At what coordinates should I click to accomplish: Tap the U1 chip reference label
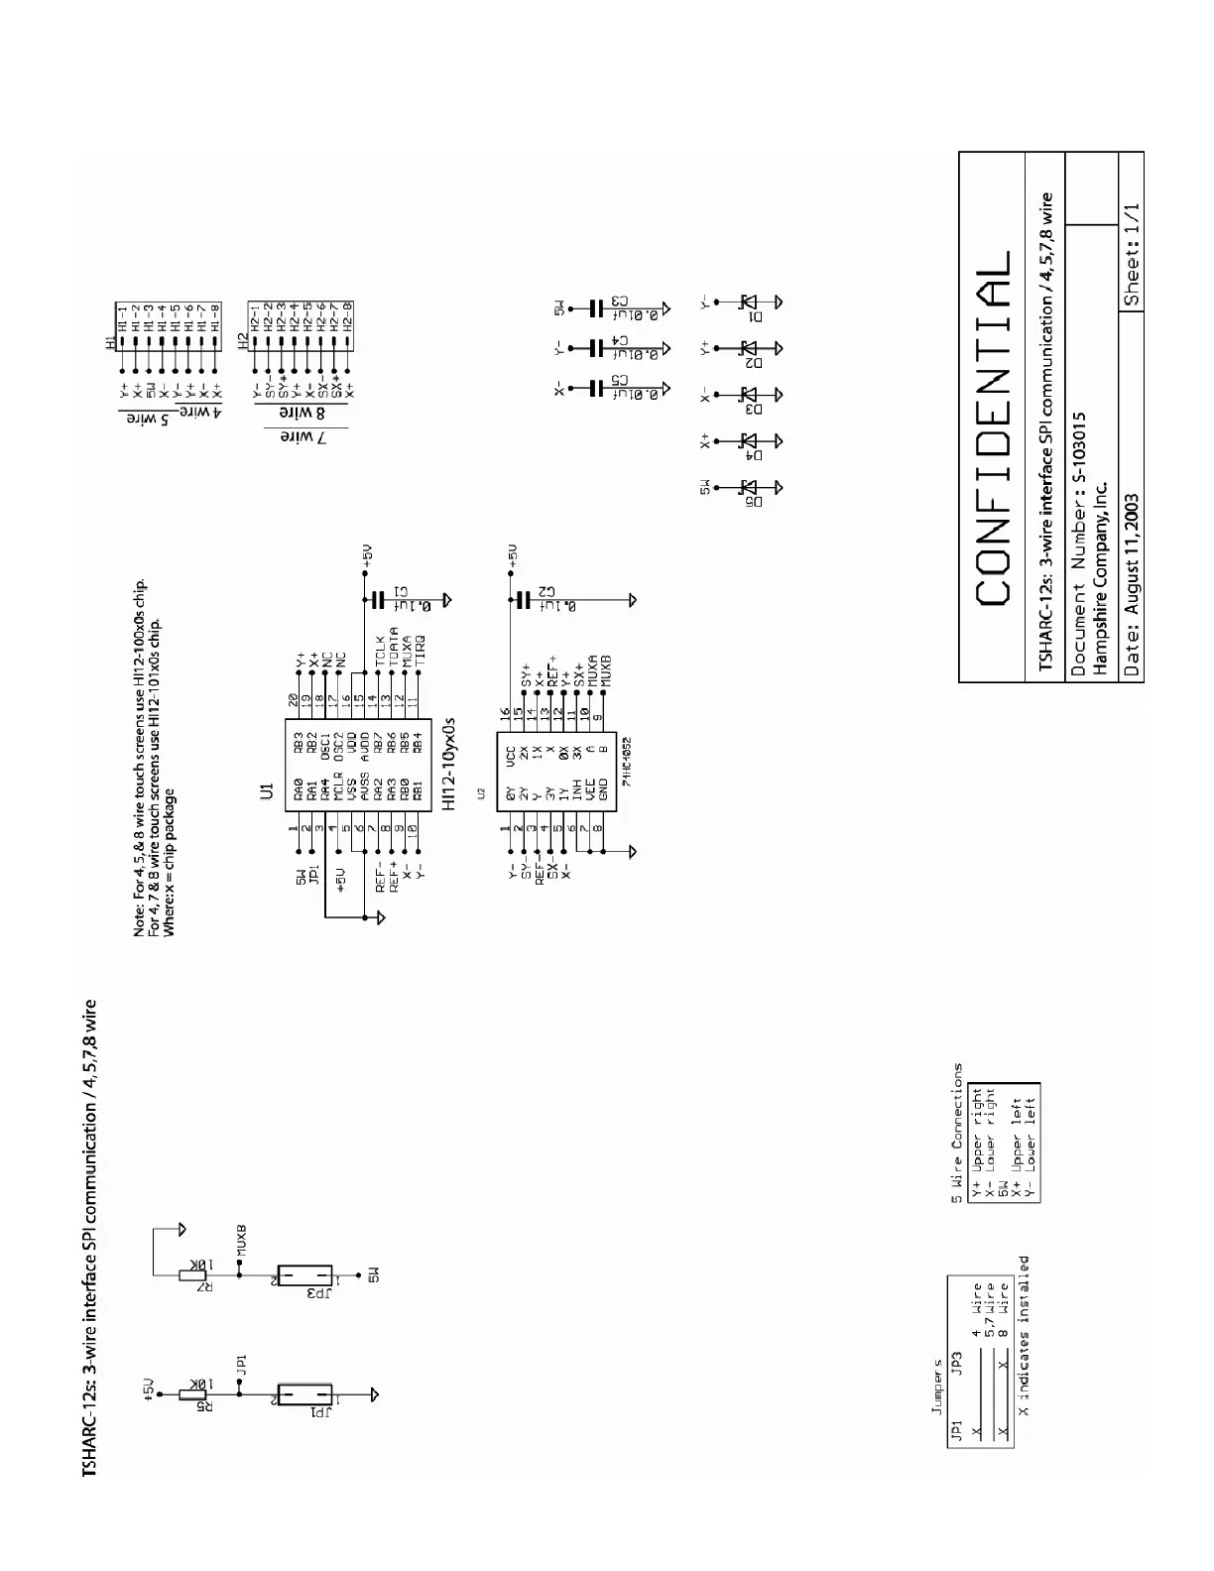point(265,790)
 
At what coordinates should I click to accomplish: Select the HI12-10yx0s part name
point(448,766)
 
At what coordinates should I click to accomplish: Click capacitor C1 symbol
point(376,600)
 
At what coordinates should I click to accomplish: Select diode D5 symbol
point(750,487)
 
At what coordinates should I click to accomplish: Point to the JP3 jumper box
point(304,1276)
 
